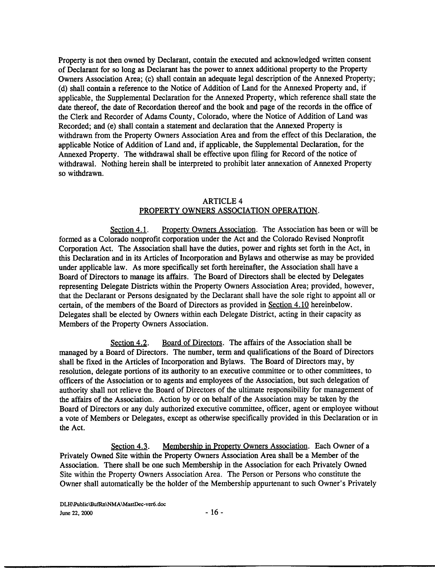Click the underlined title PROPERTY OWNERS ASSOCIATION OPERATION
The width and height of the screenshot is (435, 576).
point(229,210)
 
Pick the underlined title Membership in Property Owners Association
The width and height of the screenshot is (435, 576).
point(235,446)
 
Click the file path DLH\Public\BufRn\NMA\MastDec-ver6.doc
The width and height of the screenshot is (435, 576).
point(113,504)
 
